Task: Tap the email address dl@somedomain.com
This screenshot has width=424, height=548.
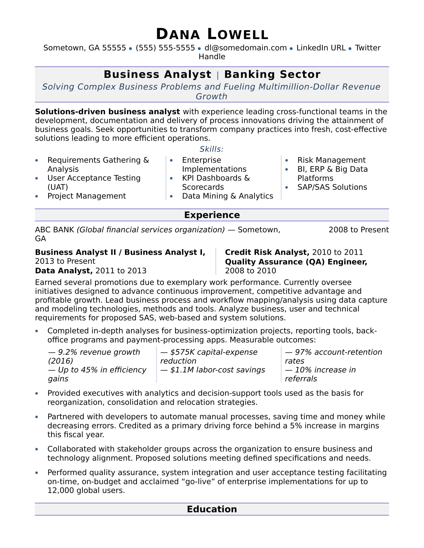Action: click(x=245, y=48)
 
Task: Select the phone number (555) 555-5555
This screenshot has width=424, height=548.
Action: click(x=165, y=48)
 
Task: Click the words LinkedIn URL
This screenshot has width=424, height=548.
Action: click(x=321, y=48)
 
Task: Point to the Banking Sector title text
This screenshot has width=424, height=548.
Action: click(x=272, y=74)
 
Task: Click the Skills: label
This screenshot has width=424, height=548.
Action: click(x=212, y=149)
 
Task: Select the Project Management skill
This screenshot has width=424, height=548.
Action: click(x=87, y=196)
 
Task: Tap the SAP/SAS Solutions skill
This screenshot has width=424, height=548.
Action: click(x=332, y=187)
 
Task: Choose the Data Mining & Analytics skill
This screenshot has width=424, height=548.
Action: click(x=227, y=196)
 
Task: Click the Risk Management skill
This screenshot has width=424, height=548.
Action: click(x=331, y=160)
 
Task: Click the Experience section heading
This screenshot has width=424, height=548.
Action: click(x=212, y=215)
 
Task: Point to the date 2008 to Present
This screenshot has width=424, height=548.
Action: click(x=358, y=230)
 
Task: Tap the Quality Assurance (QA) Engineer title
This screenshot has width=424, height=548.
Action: click(x=296, y=262)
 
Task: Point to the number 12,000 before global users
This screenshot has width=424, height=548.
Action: click(x=61, y=490)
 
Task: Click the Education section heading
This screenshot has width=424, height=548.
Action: click(x=212, y=509)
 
